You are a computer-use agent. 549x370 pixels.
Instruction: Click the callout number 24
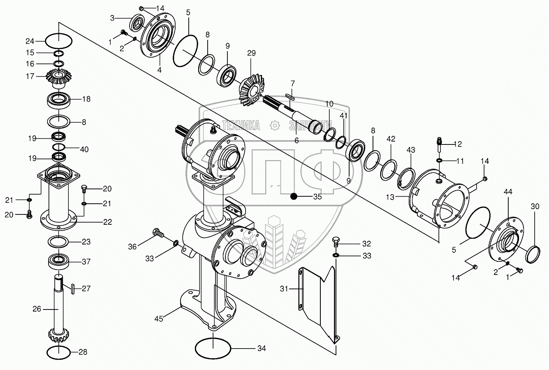point(30,41)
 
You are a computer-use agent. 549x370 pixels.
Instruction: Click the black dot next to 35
point(293,196)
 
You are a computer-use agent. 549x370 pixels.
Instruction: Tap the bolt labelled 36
point(158,233)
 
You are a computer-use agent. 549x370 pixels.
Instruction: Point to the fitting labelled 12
point(438,144)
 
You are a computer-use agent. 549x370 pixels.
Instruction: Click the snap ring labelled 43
point(405,175)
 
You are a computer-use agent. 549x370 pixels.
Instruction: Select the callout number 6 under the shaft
point(296,140)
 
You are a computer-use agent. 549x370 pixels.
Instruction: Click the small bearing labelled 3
point(137,23)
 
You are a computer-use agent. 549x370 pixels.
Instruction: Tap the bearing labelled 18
point(60,100)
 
